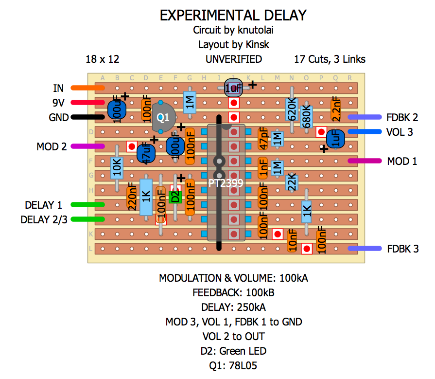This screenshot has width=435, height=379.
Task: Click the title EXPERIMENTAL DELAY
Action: [x=233, y=15]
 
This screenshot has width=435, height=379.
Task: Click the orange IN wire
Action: [x=87, y=88]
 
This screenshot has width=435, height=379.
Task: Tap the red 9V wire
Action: [x=87, y=103]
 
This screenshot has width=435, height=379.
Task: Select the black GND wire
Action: [x=87, y=117]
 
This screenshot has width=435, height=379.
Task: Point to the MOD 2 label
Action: [x=51, y=146]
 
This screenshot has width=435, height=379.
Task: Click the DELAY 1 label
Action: [x=43, y=205]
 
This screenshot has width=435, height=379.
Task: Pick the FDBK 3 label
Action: [x=402, y=249]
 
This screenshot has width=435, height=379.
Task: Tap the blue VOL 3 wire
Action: [x=365, y=132]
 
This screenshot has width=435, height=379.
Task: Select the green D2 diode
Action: [x=174, y=197]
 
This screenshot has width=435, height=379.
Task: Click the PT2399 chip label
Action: [x=226, y=183]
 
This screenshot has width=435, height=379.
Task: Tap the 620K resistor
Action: [x=292, y=110]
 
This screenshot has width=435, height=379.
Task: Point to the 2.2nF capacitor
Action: [x=335, y=110]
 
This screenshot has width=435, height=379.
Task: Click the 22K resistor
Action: [x=292, y=182]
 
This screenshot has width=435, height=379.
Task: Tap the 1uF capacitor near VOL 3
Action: [x=335, y=139]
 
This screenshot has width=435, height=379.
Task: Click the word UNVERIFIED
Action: [x=233, y=59]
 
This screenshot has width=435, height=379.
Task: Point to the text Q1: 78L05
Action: [x=233, y=365]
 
